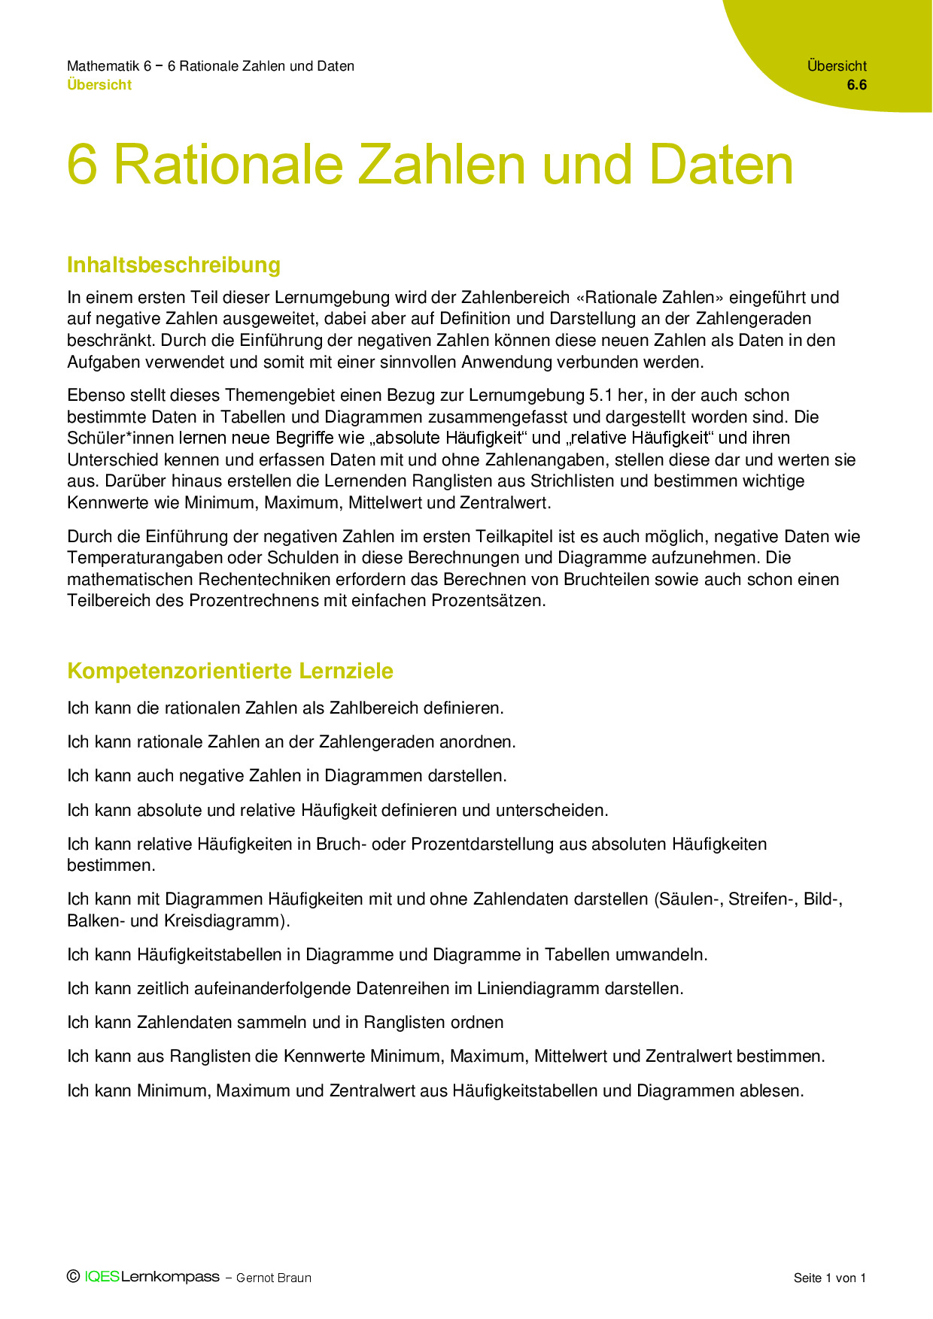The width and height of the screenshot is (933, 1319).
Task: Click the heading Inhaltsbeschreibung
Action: tap(174, 265)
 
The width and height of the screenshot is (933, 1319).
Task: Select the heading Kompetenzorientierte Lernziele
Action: tap(230, 671)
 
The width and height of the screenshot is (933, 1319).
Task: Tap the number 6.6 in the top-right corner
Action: tap(856, 85)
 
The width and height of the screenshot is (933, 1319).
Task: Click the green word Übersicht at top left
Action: tap(99, 85)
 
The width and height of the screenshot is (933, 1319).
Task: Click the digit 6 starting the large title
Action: tap(83, 165)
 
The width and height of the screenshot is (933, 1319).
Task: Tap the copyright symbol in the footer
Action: tap(74, 1276)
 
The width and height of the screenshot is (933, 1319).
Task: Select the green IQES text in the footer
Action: tap(102, 1277)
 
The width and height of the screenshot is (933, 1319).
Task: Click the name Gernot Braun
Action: tap(274, 1278)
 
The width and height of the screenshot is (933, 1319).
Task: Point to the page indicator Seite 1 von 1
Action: tap(830, 1278)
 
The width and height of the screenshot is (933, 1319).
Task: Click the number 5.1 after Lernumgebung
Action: tap(601, 396)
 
